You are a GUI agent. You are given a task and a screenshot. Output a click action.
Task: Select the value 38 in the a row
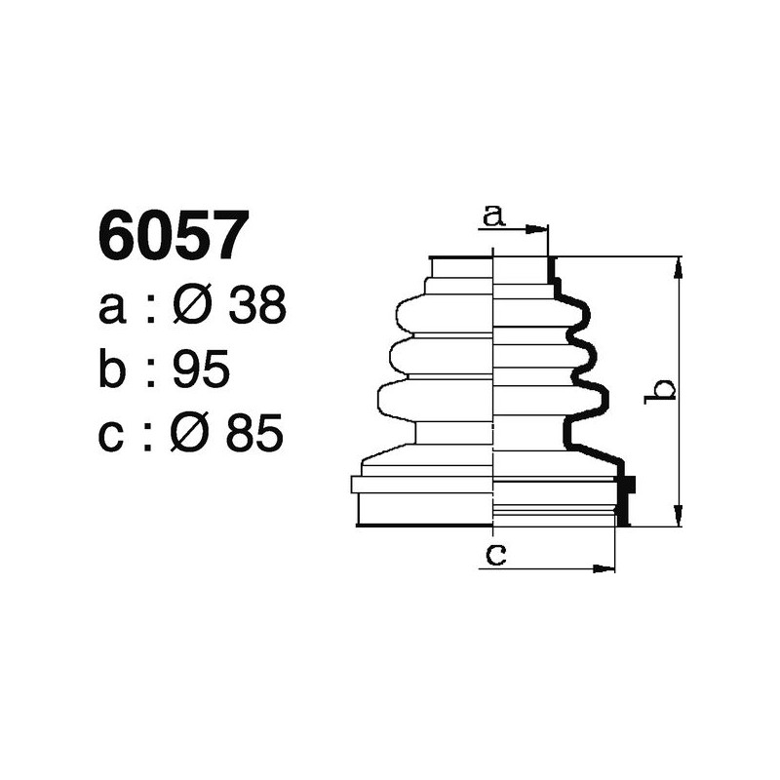pyautogui.click(x=256, y=307)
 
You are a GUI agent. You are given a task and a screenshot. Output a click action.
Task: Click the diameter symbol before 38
pyautogui.click(x=191, y=307)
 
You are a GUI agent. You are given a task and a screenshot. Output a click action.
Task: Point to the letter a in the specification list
pyautogui.click(x=112, y=309)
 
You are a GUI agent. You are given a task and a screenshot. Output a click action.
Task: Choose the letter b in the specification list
pyautogui.click(x=113, y=370)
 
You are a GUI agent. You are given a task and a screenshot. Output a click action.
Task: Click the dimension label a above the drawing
pyautogui.click(x=494, y=215)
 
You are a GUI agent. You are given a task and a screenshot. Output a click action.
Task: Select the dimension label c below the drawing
pyautogui.click(x=495, y=555)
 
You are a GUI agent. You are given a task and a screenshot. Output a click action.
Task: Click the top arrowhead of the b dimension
pyautogui.click(x=679, y=264)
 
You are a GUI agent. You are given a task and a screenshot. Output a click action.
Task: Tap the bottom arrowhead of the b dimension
pyautogui.click(x=679, y=519)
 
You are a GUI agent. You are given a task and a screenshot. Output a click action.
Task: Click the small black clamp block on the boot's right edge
pyautogui.click(x=627, y=484)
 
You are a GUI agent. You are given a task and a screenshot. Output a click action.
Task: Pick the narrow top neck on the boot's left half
pyautogui.click(x=460, y=268)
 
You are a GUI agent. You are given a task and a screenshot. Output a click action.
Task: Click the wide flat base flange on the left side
pyautogui.click(x=421, y=485)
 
